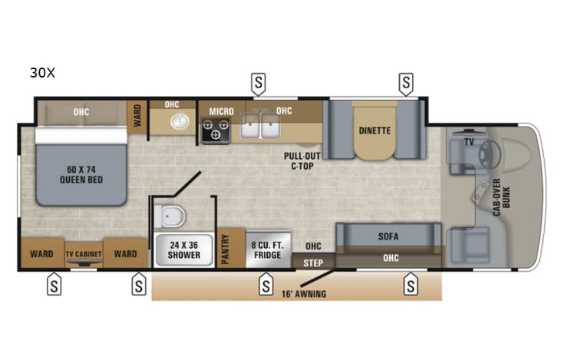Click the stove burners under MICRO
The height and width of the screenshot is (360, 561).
(x=216, y=132)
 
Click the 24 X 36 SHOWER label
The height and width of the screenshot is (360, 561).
(x=184, y=250)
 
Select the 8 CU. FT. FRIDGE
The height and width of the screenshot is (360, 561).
(x=268, y=250)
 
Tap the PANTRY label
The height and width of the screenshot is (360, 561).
(x=226, y=249)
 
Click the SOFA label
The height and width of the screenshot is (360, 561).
(x=389, y=236)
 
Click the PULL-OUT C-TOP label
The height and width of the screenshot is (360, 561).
(x=297, y=159)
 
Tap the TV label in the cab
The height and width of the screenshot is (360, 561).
(x=467, y=142)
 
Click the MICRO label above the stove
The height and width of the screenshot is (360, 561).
(x=222, y=111)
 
